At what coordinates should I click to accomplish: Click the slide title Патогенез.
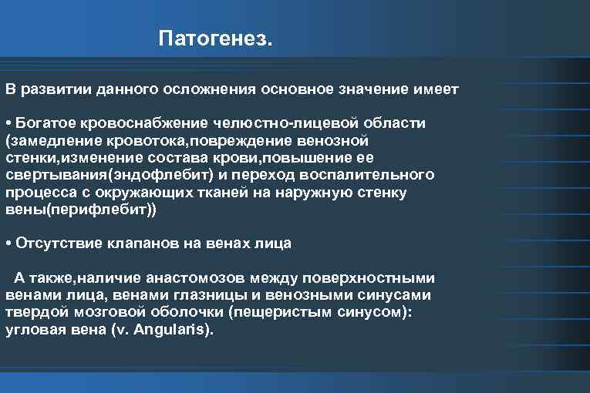coord(215,38)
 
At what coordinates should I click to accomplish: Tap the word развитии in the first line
coord(55,89)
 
